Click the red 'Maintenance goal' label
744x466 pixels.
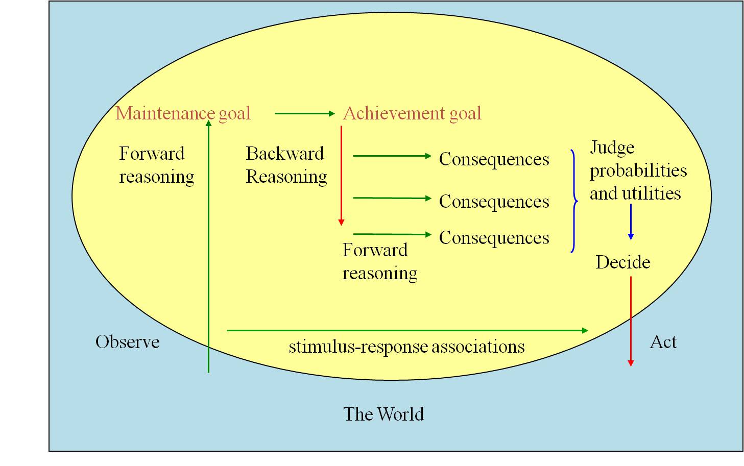click(x=183, y=113)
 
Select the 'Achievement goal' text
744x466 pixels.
click(x=412, y=113)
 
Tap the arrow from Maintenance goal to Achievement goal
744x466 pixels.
click(x=304, y=113)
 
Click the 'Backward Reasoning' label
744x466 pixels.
click(x=286, y=165)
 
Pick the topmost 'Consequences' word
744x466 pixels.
click(x=494, y=159)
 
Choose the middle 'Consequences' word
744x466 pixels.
click(x=494, y=202)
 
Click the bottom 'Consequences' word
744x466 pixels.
click(x=494, y=238)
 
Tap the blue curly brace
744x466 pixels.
click(x=574, y=201)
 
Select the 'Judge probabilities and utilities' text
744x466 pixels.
click(x=638, y=170)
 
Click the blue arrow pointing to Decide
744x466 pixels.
click(x=631, y=222)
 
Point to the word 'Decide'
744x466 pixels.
click(x=622, y=262)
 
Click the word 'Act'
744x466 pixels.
click(x=663, y=342)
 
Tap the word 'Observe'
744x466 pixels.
click(x=127, y=342)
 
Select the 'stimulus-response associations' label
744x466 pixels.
click(x=406, y=347)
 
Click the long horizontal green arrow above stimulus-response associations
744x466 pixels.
click(x=406, y=331)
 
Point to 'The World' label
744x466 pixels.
click(x=383, y=414)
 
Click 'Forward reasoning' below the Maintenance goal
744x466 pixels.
click(x=156, y=165)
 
